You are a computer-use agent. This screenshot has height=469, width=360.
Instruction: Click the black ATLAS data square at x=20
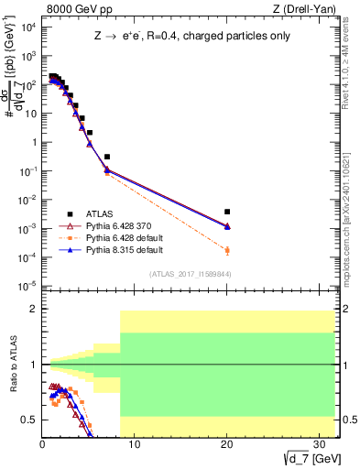(x=227, y=212)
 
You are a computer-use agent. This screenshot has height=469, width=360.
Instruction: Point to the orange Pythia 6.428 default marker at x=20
(x=227, y=250)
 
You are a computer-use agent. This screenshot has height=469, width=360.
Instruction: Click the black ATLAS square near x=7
(x=107, y=157)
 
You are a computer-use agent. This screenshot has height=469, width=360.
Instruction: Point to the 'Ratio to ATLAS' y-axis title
(x=13, y=365)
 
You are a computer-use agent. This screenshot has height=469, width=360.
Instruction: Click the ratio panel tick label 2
(x=32, y=310)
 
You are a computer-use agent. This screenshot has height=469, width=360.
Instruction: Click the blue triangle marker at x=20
(x=227, y=226)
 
